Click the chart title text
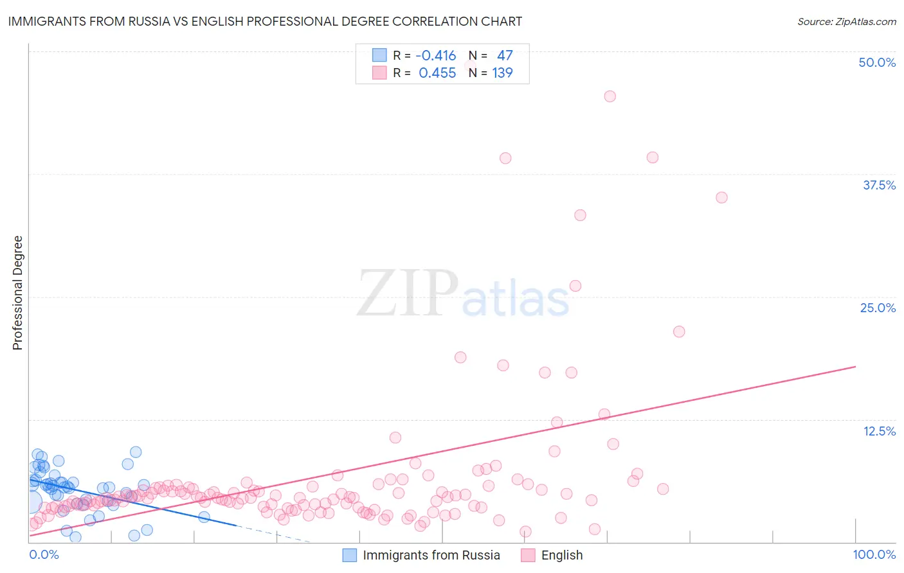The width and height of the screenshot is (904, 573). click(265, 21)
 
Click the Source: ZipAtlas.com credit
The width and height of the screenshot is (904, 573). click(846, 21)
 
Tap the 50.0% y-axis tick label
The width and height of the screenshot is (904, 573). click(877, 62)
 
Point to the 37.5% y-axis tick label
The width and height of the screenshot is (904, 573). click(879, 185)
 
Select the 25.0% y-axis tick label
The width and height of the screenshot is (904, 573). click(878, 308)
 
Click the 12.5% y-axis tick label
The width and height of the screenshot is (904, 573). click(879, 431)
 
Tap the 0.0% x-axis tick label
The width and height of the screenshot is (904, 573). click(44, 554)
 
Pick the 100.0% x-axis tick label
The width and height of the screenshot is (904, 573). click(874, 554)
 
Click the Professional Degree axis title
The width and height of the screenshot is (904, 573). click(17, 293)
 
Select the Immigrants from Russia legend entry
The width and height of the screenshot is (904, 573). click(431, 555)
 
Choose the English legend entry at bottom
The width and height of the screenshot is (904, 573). click(561, 555)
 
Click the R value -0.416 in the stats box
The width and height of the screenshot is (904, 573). click(436, 56)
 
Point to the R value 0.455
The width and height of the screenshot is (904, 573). click(437, 73)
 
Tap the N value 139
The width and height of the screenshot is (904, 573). click(502, 73)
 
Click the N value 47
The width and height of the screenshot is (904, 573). click(505, 56)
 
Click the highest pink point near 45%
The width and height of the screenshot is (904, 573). click(610, 96)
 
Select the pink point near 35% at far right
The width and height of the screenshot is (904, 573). click(721, 197)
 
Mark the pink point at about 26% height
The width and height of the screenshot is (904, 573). click(575, 286)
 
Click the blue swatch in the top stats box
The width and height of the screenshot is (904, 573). click(379, 56)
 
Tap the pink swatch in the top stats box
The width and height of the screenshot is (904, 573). click(379, 73)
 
